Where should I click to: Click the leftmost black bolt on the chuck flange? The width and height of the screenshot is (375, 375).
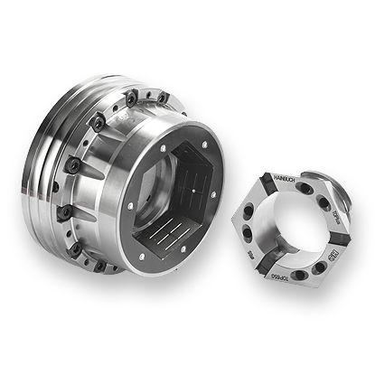(x=65, y=213)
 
